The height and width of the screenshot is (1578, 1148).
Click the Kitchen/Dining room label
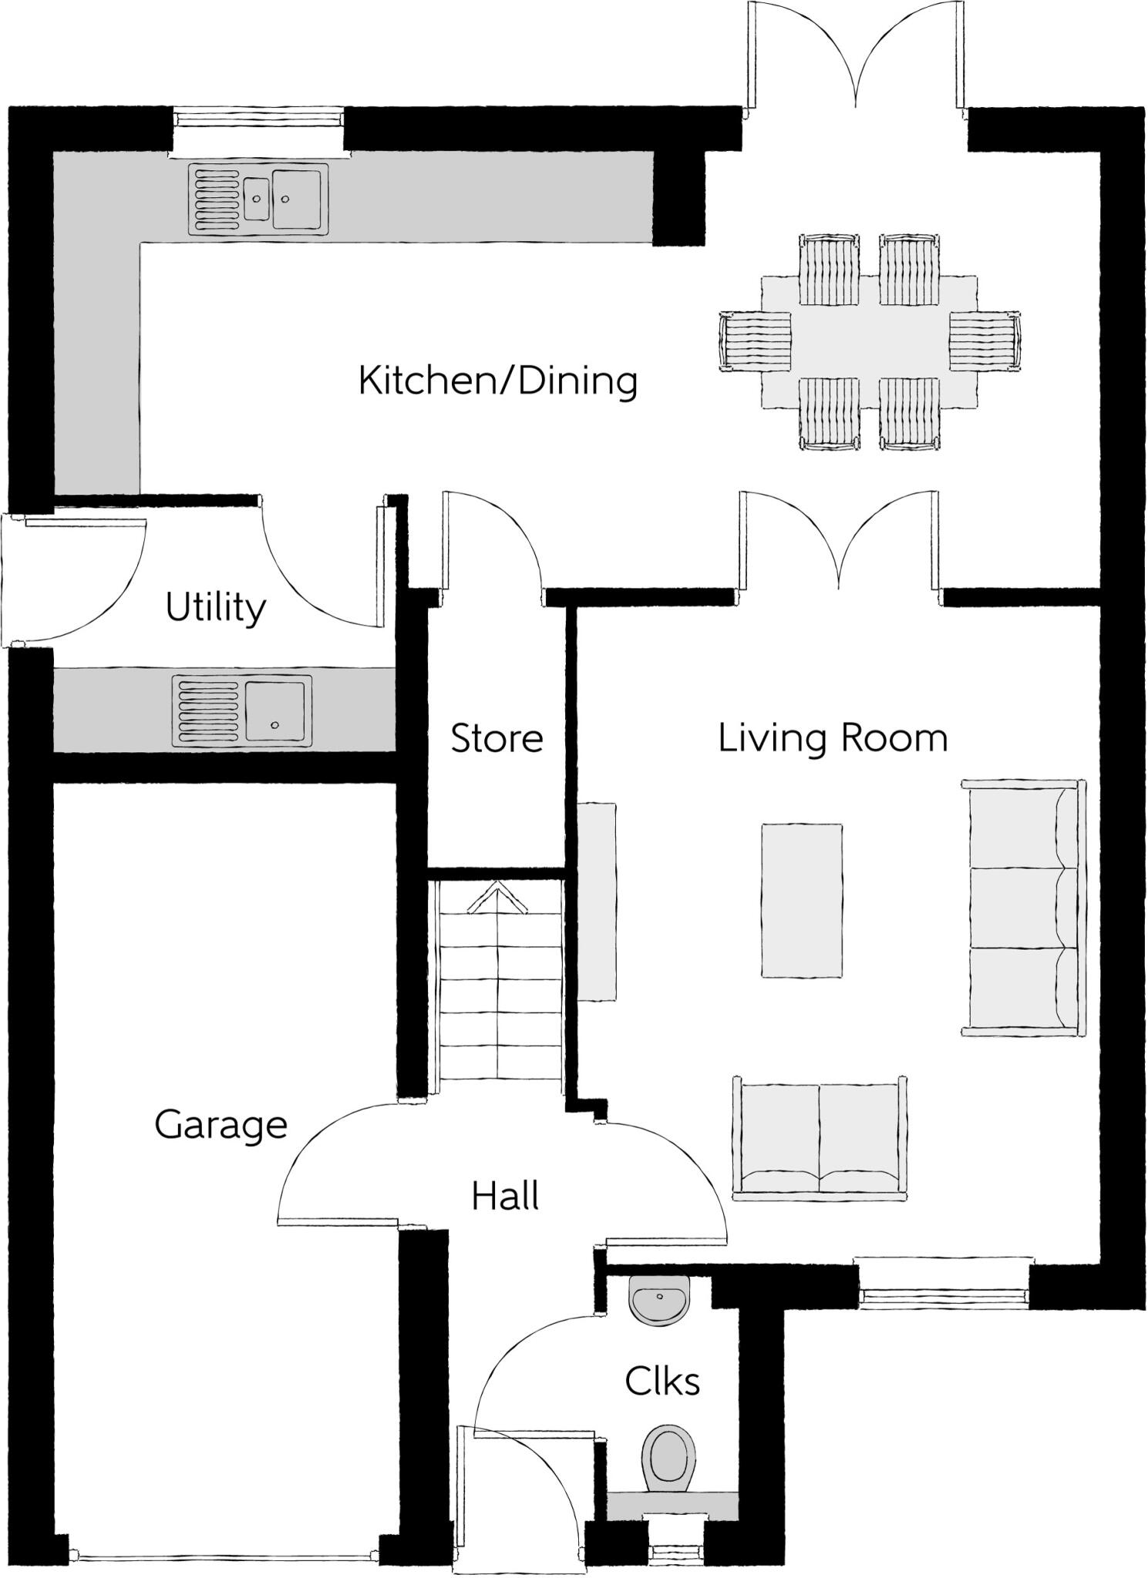tap(498, 381)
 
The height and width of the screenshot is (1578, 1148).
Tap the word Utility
tap(216, 608)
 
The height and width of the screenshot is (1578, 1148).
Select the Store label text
tap(497, 738)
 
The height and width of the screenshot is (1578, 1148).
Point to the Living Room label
tap(833, 738)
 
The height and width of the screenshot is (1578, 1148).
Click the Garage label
tap(221, 1126)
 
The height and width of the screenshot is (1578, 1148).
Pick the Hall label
tap(505, 1197)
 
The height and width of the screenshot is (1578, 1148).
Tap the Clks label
tap(662, 1382)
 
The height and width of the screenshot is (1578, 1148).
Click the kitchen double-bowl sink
tap(258, 200)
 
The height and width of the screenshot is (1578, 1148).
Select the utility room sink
tap(242, 710)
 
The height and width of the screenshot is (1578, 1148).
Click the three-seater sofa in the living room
tap(1023, 907)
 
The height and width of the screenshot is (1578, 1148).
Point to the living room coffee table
tap(802, 901)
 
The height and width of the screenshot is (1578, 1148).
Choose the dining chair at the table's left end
tap(756, 342)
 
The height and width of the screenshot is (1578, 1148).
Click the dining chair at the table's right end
tap(985, 341)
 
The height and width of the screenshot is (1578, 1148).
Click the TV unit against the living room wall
tap(597, 901)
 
